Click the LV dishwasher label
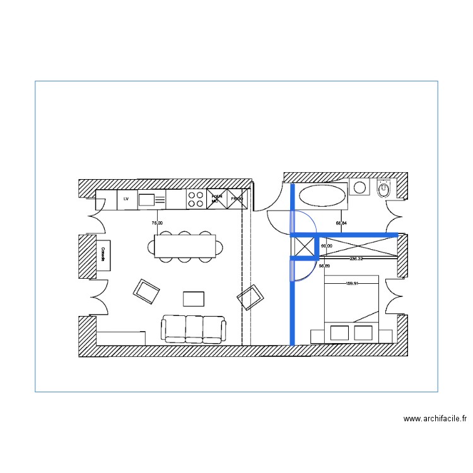[x=126, y=199]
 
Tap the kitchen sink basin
[x=147, y=200]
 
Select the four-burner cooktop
[x=196, y=199]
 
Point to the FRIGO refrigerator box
[x=236, y=199]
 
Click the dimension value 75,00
[x=157, y=223]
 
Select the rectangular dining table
[x=185, y=247]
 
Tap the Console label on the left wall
[x=102, y=254]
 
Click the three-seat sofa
[x=194, y=329]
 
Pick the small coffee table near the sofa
[x=194, y=298]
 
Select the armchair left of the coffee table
[x=146, y=291]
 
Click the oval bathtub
[x=322, y=196]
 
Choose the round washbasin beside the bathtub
[x=360, y=187]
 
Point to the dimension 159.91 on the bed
[x=352, y=283]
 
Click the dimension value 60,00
[x=327, y=246]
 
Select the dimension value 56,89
[x=324, y=266]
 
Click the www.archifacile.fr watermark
[x=435, y=418]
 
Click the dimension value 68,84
[x=342, y=223]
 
